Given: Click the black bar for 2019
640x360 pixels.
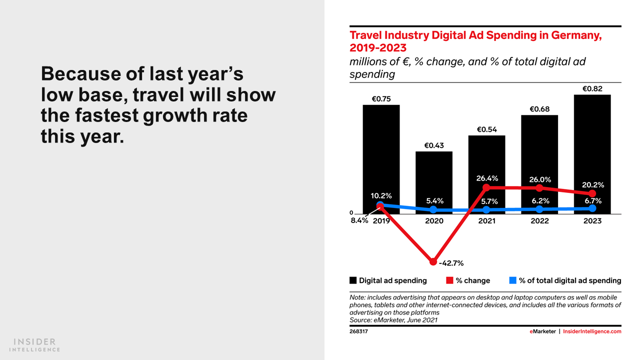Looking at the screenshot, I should [x=381, y=150].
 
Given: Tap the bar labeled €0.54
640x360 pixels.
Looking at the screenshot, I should [x=486, y=160].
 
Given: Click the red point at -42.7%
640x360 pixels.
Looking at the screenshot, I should [x=433, y=262].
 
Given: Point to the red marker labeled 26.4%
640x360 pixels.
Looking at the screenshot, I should [x=486, y=188].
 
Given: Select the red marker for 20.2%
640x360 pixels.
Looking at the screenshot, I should [x=592, y=193].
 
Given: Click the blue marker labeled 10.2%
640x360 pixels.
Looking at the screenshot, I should [x=380, y=204].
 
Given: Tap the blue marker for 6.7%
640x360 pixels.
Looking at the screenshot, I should [x=592, y=208].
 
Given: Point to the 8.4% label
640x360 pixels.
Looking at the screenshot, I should [x=359, y=220].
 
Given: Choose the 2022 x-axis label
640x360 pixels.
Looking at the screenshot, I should [x=539, y=220].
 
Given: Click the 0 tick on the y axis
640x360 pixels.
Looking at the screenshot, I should [x=351, y=213].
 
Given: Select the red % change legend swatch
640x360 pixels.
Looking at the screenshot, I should [x=450, y=280].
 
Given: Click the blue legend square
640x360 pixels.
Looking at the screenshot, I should [x=512, y=280].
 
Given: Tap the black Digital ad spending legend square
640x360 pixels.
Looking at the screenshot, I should [x=353, y=280].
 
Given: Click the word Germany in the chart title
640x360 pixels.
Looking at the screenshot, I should [x=575, y=35].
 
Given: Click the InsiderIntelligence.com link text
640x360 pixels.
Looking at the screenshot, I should [x=592, y=331].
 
